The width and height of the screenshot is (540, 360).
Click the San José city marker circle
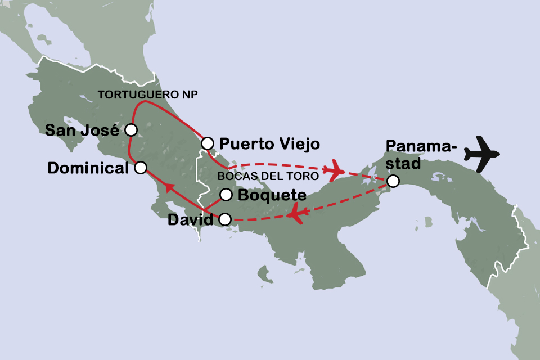(130, 130)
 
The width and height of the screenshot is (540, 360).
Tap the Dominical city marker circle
(141, 167)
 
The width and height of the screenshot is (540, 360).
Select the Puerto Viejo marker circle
(208, 143)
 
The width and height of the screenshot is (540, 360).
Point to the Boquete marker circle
(226, 195)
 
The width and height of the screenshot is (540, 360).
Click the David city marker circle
(225, 219)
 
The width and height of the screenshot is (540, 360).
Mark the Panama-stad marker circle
(393, 181)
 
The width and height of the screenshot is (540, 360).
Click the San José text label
(82, 130)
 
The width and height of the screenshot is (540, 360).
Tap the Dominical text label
(89, 168)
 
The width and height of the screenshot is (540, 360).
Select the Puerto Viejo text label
(269, 144)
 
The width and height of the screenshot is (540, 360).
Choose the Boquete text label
(272, 196)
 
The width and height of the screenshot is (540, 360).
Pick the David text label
(191, 220)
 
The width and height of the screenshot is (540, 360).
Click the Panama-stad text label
(420, 155)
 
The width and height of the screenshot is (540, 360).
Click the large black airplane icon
(482, 153)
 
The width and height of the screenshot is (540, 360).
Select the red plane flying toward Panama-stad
(337, 170)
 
